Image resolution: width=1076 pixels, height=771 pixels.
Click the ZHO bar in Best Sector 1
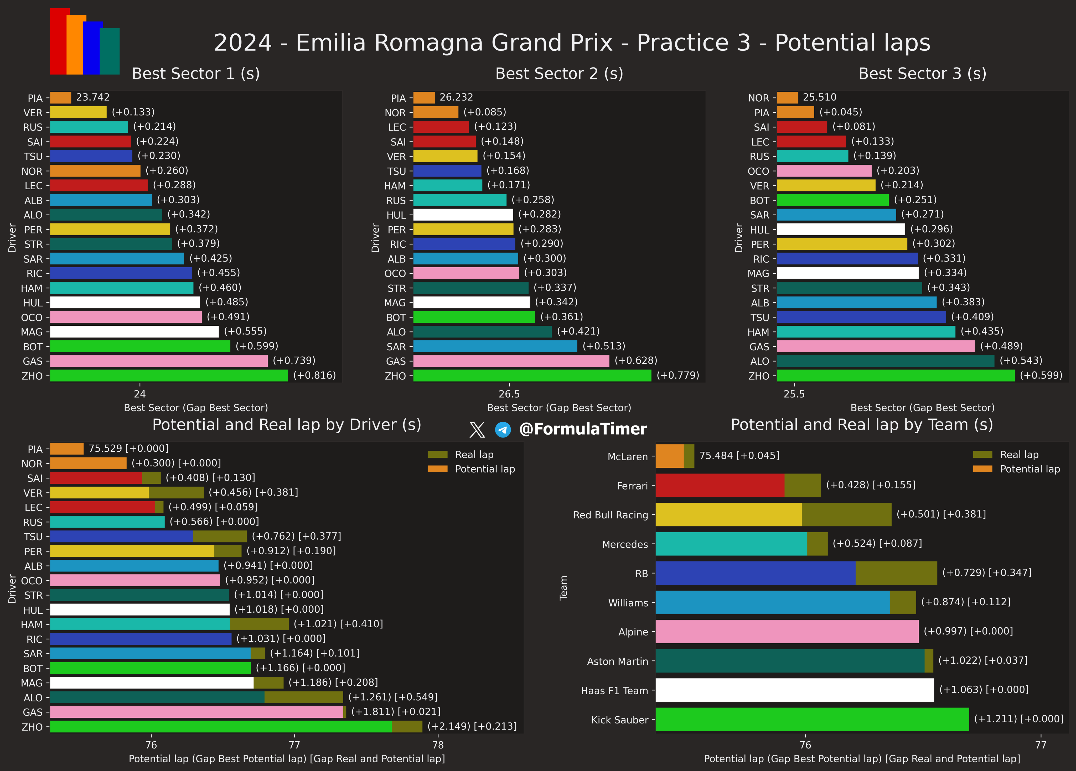[169, 376]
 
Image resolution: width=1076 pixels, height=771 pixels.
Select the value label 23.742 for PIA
[93, 97]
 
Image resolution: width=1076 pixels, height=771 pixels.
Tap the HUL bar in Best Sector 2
[463, 215]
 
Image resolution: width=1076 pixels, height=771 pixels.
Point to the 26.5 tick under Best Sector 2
[509, 394]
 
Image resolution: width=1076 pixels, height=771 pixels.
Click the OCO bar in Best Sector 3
[824, 171]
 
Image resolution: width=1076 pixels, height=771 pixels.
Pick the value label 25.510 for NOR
[819, 97]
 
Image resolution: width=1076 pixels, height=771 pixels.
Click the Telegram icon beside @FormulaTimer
[503, 430]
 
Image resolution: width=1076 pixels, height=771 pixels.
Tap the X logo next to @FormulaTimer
[477, 430]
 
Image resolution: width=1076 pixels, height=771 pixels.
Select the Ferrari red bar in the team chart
[720, 485]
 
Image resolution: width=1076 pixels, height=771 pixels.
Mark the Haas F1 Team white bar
[795, 690]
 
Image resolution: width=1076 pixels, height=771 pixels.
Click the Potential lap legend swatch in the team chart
[982, 469]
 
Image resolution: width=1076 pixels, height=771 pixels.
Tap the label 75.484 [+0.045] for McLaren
[739, 456]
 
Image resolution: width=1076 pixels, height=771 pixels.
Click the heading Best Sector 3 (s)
[922, 74]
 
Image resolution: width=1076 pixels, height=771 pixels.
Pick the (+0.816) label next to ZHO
[314, 376]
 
